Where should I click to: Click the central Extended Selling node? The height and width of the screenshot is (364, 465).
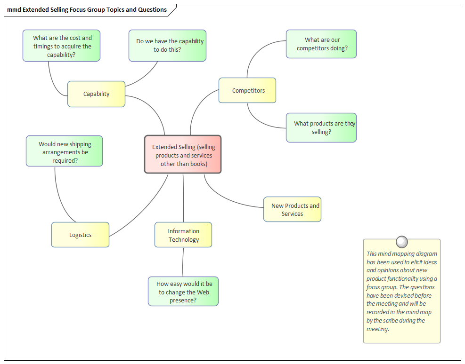[x=183, y=154]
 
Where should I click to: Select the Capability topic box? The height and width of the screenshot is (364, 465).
[x=96, y=94]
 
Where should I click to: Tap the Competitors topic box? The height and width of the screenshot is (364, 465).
[x=247, y=90]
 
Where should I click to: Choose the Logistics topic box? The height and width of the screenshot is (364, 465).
[x=80, y=235]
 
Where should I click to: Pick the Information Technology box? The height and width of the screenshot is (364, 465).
[x=183, y=235]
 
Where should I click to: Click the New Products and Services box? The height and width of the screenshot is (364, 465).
[x=292, y=209]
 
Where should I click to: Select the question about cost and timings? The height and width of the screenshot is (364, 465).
[x=62, y=46]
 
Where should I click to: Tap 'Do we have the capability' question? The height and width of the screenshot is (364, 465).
[x=168, y=45]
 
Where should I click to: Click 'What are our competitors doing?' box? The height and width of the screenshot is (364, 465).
[x=321, y=44]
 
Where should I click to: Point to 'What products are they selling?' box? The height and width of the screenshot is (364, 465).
[x=321, y=127]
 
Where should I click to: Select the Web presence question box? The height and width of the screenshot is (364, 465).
[x=183, y=292]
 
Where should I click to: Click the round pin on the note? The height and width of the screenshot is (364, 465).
[x=402, y=242]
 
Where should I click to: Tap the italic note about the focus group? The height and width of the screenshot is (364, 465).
[x=401, y=292]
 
